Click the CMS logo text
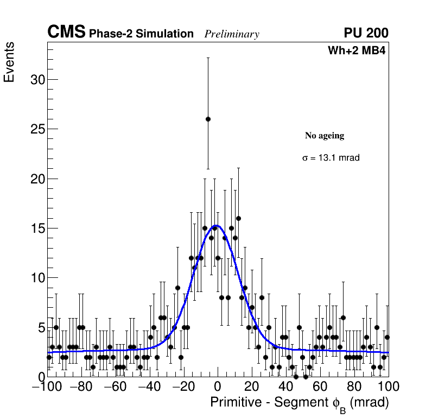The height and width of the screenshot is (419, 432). tap(66, 33)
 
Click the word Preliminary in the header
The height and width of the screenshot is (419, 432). tap(232, 34)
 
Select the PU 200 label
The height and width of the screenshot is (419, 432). tap(366, 33)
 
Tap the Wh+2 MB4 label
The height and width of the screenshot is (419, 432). tap(357, 51)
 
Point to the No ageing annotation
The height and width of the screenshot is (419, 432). tap(325, 136)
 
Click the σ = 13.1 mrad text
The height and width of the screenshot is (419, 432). tap(331, 158)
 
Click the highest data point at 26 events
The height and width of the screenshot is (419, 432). tap(208, 119)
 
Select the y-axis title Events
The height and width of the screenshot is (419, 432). tap(9, 62)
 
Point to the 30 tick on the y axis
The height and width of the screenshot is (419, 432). tap(35, 80)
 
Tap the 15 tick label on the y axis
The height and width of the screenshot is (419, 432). tap(35, 228)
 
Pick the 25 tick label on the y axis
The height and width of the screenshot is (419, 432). tap(35, 129)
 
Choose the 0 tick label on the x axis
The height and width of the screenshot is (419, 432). tap(218, 387)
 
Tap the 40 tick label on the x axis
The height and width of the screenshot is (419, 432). tap(286, 387)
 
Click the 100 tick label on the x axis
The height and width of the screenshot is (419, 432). tap(387, 387)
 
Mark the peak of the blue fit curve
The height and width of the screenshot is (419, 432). tap(217, 225)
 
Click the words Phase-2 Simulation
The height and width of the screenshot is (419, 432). tap(141, 34)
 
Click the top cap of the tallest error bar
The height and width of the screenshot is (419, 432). tap(208, 58)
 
